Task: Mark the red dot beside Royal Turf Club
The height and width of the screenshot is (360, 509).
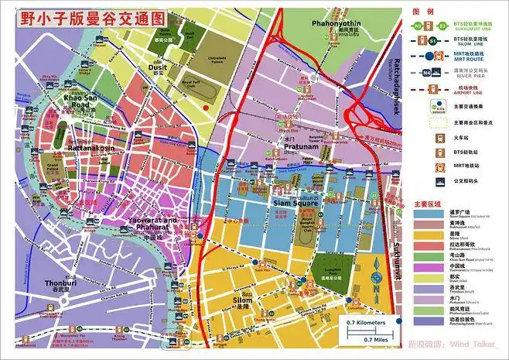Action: pos(204,107)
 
